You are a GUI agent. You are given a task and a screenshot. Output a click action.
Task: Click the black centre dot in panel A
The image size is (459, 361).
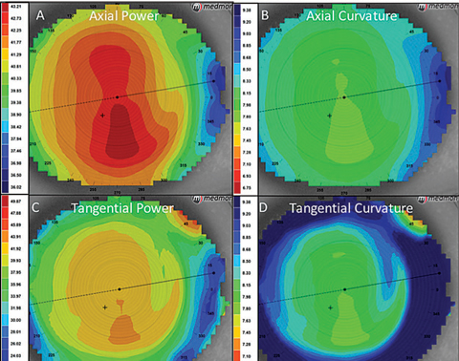117,97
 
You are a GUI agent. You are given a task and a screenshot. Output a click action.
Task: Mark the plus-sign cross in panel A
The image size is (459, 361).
101,115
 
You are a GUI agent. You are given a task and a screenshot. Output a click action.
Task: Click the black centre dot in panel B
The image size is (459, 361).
344,97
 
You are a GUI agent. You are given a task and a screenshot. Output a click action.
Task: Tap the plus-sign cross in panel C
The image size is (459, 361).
104,307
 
